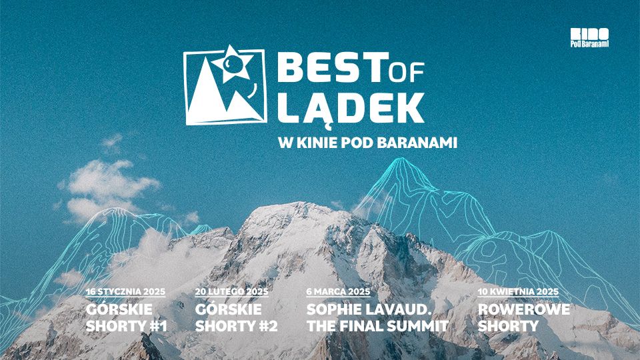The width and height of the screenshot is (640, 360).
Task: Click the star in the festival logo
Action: click(232, 64)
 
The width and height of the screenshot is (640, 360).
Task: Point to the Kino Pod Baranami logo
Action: click(589, 37)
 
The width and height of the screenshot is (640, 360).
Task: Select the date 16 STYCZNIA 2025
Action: click(126, 291)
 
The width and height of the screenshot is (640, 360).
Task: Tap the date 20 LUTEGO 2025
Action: click(232, 291)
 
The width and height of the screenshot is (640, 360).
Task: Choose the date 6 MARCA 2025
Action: click(339, 291)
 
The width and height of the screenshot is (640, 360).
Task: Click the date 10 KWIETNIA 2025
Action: click(519, 291)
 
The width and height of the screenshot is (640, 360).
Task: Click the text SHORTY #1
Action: click(127, 326)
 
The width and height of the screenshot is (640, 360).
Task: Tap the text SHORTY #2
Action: click(236, 326)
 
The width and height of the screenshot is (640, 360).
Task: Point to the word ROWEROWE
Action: click(524, 309)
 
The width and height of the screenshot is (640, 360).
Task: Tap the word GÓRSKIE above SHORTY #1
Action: click(119, 309)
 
